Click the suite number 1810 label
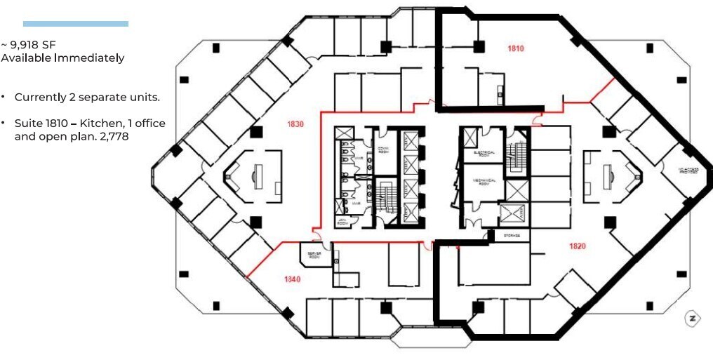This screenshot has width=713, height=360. point(517,48)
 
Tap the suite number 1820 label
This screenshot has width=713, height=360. point(578,246)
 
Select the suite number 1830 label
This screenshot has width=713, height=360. point(295,124)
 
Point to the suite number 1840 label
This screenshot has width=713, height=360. point(292,279)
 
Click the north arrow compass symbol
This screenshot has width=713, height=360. point(693,318)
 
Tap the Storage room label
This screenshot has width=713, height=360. point(512,236)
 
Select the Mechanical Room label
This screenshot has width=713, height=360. point(484,181)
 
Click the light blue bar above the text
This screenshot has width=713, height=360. point(76,24)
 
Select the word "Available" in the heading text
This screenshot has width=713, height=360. point(27,58)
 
